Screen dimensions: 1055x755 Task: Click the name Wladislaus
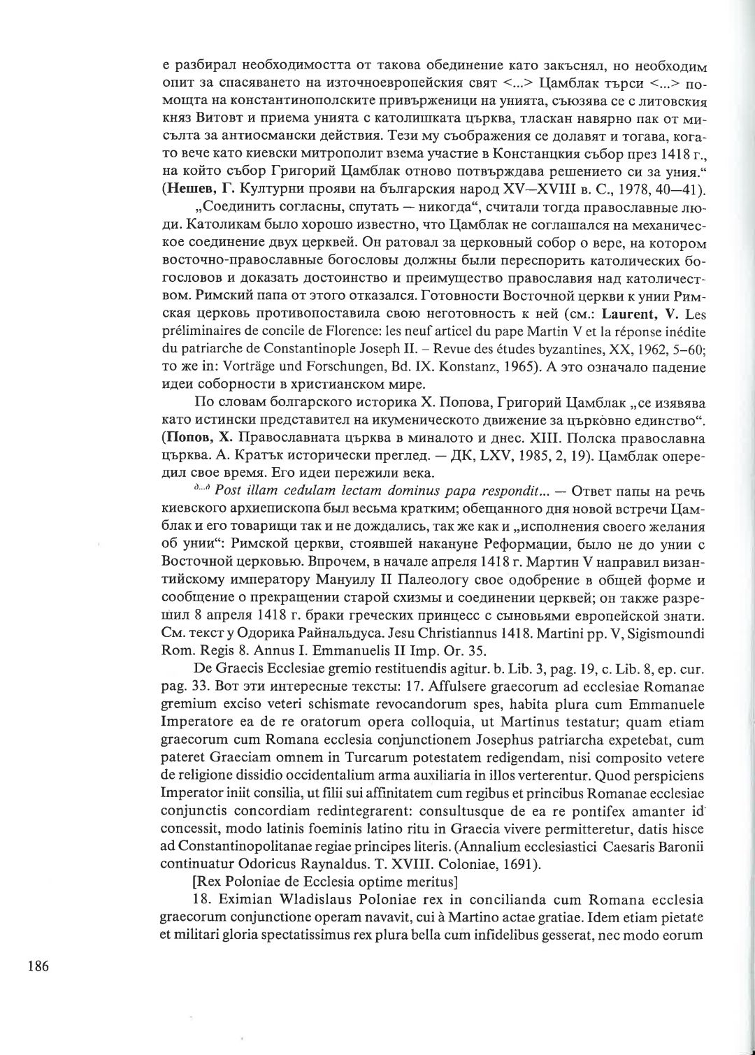point(262,899)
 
